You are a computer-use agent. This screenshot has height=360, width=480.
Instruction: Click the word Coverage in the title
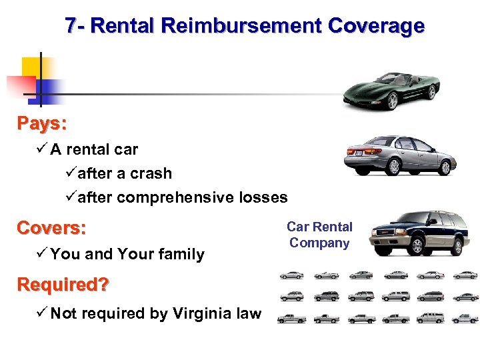(376, 26)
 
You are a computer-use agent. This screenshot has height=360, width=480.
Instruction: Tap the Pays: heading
(42, 123)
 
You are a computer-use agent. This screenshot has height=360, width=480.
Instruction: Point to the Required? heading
(63, 285)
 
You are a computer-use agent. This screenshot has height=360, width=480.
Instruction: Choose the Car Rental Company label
(319, 235)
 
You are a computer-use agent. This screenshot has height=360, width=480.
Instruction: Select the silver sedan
(400, 155)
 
